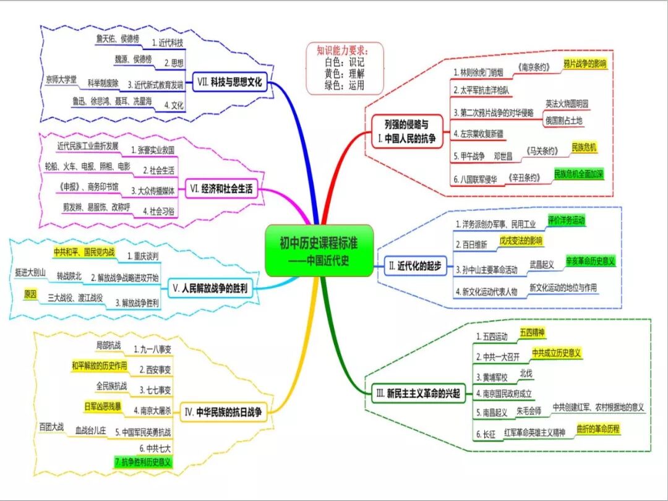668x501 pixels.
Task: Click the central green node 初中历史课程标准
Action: pyautogui.click(x=319, y=250)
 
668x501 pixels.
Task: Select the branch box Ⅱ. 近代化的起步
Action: pyautogui.click(x=415, y=266)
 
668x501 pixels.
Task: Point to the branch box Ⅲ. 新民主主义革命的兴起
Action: pyautogui.click(x=419, y=393)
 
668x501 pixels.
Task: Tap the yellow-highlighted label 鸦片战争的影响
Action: pyautogui.click(x=584, y=64)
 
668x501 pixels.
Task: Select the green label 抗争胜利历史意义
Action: pyautogui.click(x=143, y=462)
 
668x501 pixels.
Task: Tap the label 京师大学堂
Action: pyautogui.click(x=61, y=80)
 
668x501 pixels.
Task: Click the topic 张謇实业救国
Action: pyautogui.click(x=152, y=150)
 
